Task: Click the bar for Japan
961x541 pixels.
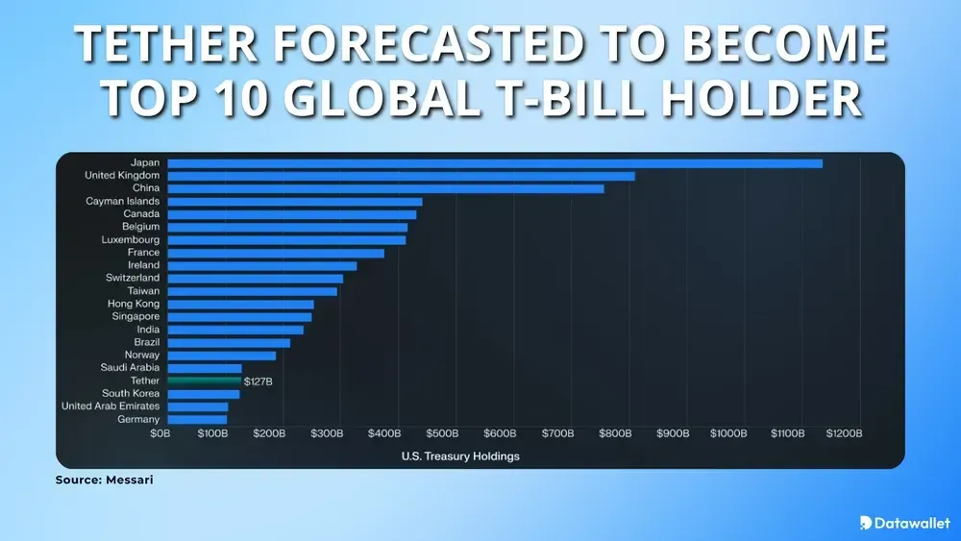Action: [x=495, y=163]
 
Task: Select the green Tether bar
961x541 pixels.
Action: [x=204, y=381]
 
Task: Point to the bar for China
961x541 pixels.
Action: [x=385, y=188]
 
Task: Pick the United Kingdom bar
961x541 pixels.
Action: [x=401, y=176]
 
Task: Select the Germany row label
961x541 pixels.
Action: [x=138, y=420]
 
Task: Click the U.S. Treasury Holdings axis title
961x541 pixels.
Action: [x=460, y=456]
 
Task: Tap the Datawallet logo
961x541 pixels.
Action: [x=904, y=523]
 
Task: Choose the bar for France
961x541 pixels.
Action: [x=276, y=253]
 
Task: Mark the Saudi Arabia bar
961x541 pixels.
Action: [x=205, y=368]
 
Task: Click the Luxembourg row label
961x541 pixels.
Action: [x=131, y=240]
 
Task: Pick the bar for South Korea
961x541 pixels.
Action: [x=204, y=394]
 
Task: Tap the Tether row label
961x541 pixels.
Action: [x=145, y=381]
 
